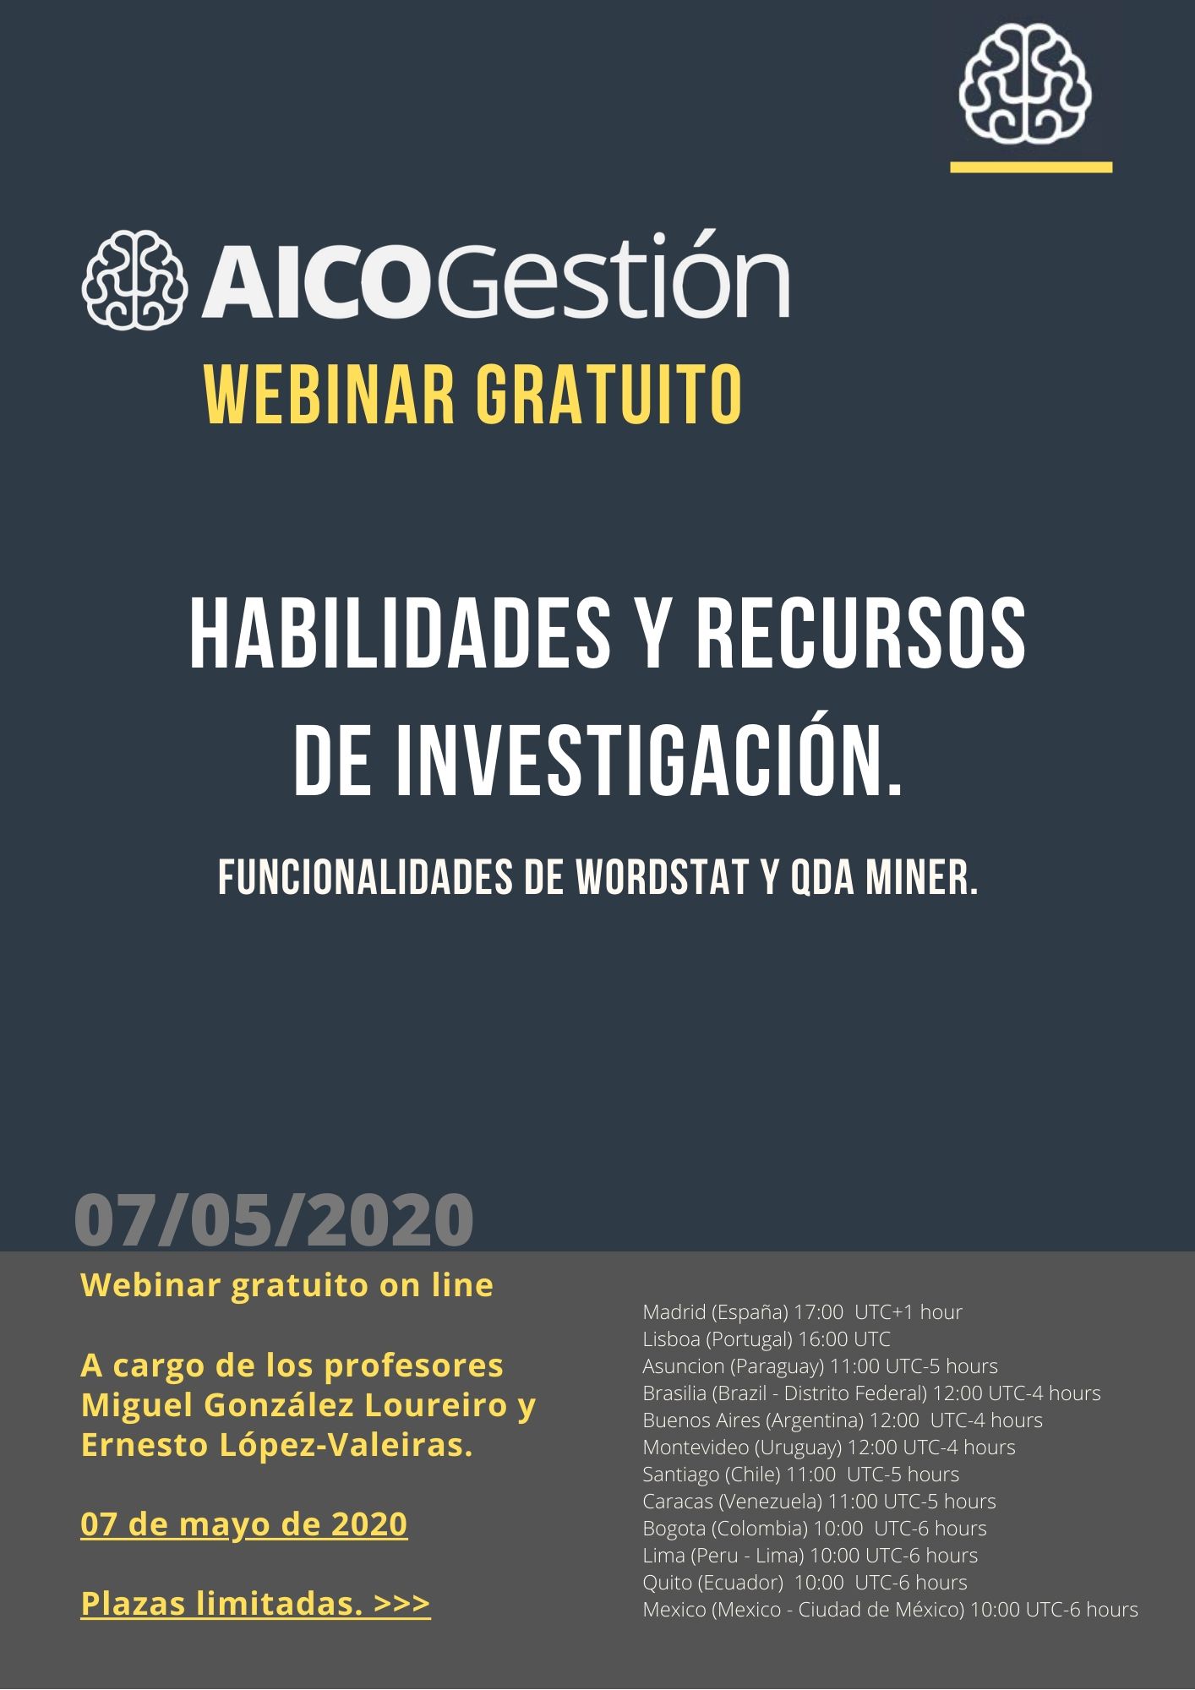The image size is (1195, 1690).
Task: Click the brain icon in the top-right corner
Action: coord(1024,83)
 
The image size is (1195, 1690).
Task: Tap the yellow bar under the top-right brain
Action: coord(1031,167)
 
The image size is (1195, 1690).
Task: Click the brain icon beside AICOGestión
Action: coord(134,279)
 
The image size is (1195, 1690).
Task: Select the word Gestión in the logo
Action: coord(611,273)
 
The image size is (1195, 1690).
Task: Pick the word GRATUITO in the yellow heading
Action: coord(608,395)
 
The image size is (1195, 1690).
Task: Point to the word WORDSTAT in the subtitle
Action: coord(662,879)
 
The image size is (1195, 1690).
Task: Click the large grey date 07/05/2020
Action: coord(274,1220)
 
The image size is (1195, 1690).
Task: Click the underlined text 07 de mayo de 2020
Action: coord(244,1524)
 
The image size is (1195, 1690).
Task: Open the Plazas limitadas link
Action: coord(255,1603)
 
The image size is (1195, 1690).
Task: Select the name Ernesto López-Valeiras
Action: coord(276,1446)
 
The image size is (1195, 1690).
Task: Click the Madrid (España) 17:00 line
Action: coord(802,1312)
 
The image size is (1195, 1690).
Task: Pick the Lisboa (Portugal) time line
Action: coord(767,1339)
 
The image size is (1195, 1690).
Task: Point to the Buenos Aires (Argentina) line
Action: coord(843,1420)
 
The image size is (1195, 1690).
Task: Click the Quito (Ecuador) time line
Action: coord(805,1583)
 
